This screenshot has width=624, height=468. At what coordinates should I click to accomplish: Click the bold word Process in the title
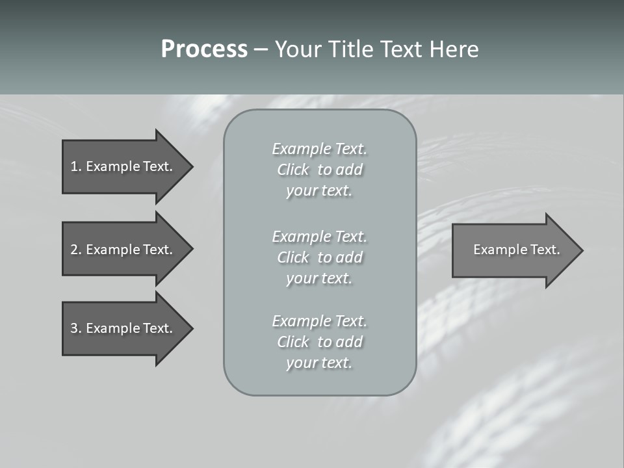[x=204, y=49]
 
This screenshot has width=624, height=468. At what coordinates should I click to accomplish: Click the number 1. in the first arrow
[x=75, y=166]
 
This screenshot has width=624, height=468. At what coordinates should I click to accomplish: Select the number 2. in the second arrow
[x=75, y=250]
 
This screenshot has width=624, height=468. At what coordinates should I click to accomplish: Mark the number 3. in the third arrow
[x=75, y=328]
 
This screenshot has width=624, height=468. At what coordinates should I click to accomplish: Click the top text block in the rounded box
[x=319, y=170]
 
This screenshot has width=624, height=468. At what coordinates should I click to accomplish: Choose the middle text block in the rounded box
[x=319, y=257]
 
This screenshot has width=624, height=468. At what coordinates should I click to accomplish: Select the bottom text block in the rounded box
[x=319, y=342]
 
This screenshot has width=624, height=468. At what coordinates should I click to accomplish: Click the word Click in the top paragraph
[x=293, y=170]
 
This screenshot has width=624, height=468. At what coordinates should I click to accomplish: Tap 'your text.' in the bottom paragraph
[x=319, y=363]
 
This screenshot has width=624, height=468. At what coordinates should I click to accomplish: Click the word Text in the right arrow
[x=546, y=250]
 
